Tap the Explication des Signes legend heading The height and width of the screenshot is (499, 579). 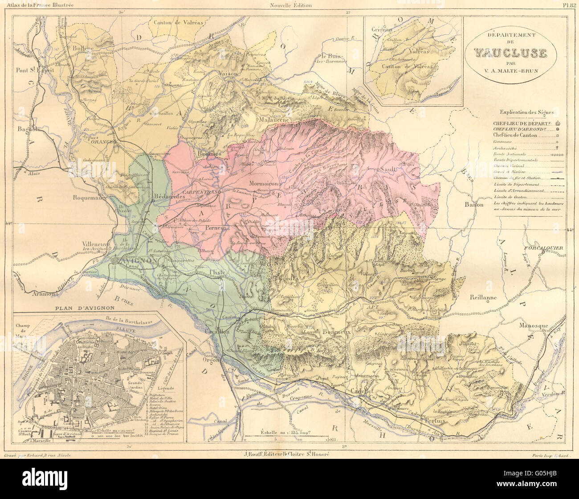coord(526,112)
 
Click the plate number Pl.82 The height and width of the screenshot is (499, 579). coord(570,5)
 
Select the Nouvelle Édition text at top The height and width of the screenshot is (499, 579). coord(291,5)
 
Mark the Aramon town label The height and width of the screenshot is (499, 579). coord(45,294)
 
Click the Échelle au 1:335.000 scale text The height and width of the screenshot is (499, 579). coord(283,432)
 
